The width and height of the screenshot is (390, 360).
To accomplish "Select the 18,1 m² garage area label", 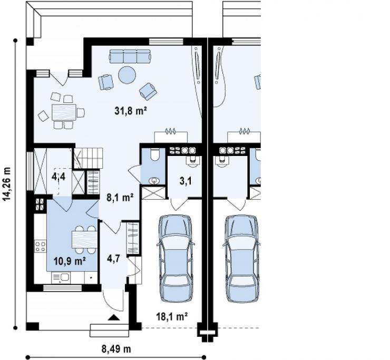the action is tap(172, 317).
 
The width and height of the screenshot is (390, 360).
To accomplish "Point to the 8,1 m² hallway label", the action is tap(120, 198).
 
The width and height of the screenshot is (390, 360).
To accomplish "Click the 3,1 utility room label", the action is tap(186, 181).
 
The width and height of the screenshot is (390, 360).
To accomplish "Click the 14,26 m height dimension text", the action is tap(7, 184).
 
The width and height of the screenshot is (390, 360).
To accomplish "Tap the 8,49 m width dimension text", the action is tap(116, 349).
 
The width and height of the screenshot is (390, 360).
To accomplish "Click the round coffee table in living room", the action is tap(127, 74).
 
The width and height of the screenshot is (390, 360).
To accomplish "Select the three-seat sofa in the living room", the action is tap(130, 56).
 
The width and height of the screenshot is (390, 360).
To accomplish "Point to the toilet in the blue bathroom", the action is tap(155, 154).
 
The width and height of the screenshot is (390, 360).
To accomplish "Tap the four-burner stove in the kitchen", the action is tap(40, 246).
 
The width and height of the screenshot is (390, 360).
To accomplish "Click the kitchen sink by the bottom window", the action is tap(61, 278).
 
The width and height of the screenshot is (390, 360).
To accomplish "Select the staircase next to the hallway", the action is tap(89, 158).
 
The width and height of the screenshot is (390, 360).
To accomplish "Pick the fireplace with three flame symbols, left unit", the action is tap(171, 136).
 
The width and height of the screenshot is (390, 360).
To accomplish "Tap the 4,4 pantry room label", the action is tap(58, 177).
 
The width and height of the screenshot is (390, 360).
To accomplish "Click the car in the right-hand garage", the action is tap(242, 259).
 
